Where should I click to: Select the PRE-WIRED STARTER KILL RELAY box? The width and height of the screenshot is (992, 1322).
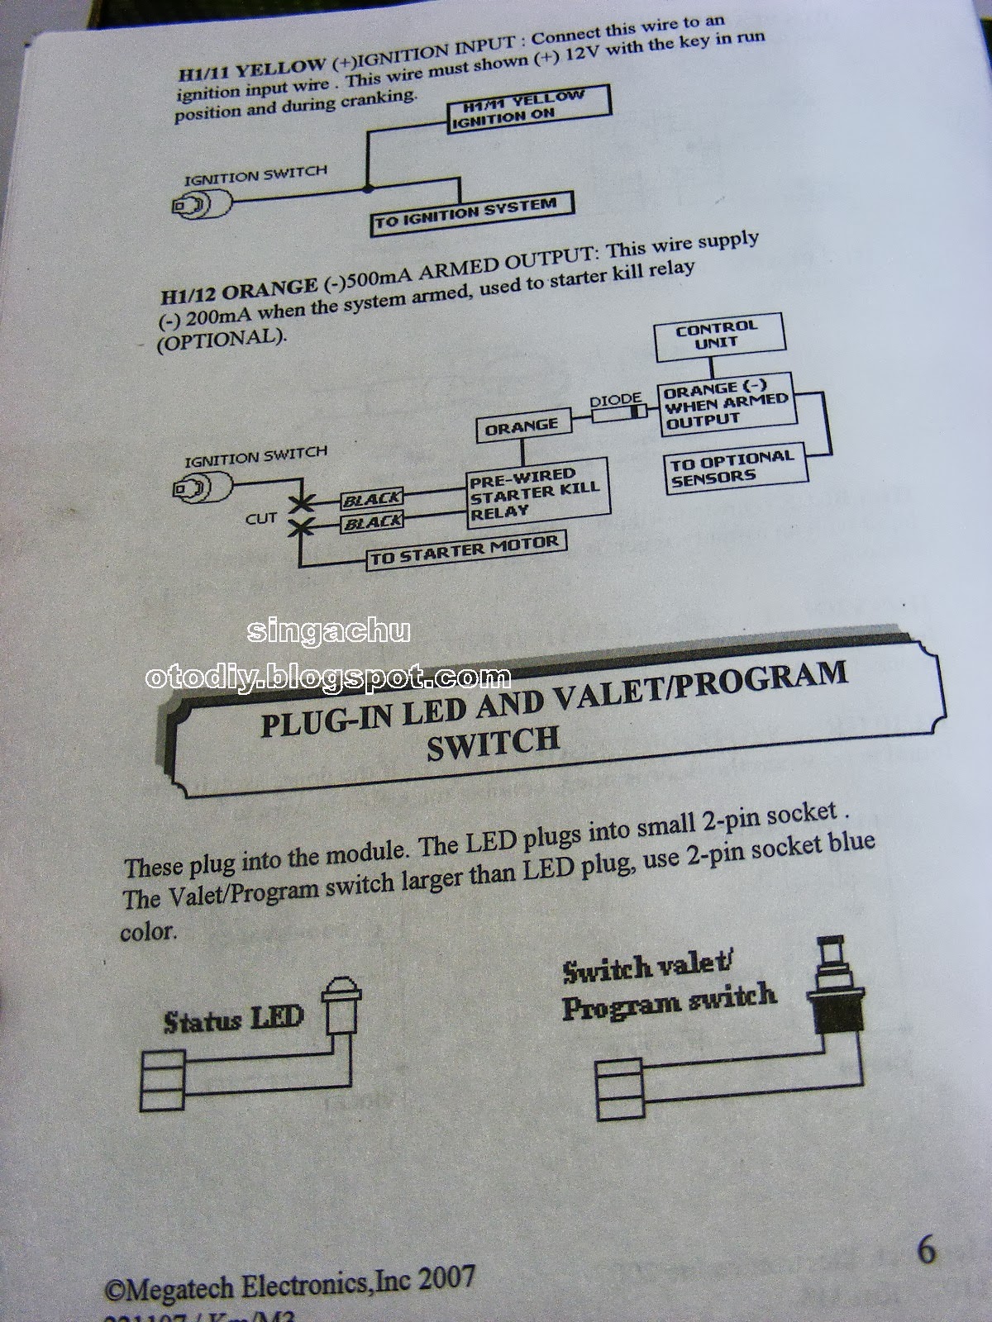[x=532, y=493]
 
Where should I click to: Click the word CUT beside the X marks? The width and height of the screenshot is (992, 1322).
[x=261, y=518]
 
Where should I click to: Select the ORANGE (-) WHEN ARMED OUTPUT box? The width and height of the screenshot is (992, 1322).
[x=724, y=404]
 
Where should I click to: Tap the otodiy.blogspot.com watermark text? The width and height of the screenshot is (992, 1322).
[x=327, y=678]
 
